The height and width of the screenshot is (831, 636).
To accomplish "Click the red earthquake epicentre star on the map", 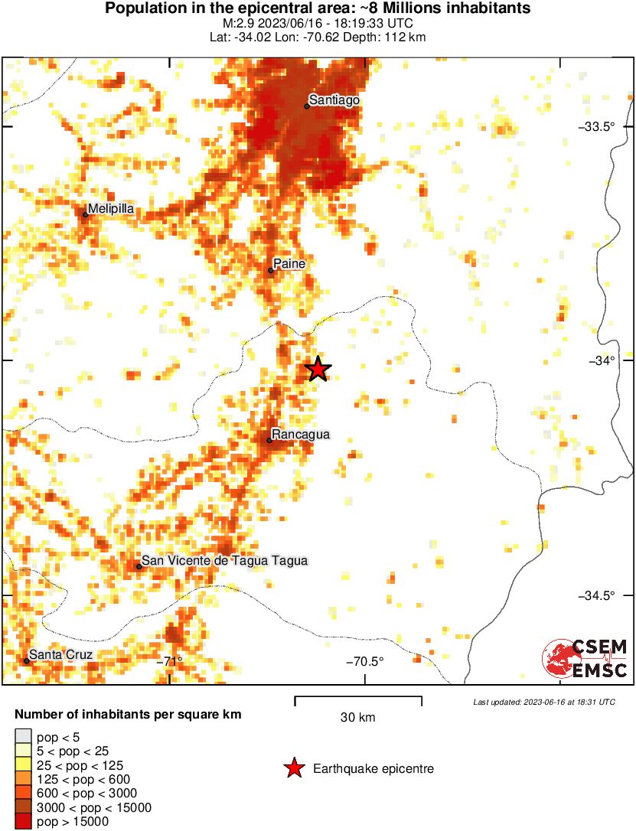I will click(318, 370).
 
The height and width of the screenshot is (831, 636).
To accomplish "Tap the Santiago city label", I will click(334, 100).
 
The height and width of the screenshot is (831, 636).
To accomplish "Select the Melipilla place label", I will click(111, 208).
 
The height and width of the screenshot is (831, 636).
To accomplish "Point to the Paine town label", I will click(289, 264).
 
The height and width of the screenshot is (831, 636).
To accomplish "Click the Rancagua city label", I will click(301, 435).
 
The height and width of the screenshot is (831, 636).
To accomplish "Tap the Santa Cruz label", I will click(60, 655).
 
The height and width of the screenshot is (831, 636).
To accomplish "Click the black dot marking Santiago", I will click(307, 106).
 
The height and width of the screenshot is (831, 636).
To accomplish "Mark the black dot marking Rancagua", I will click(270, 440).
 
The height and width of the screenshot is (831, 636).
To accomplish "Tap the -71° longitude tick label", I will click(169, 661).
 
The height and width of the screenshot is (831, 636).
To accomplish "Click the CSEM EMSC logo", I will click(585, 659).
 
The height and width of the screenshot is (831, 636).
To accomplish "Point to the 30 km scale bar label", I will click(358, 718).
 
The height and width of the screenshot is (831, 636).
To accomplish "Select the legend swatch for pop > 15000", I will click(24, 822).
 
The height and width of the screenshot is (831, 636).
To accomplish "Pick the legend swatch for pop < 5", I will click(24, 736).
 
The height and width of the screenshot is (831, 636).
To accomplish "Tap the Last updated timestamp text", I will click(543, 702).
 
